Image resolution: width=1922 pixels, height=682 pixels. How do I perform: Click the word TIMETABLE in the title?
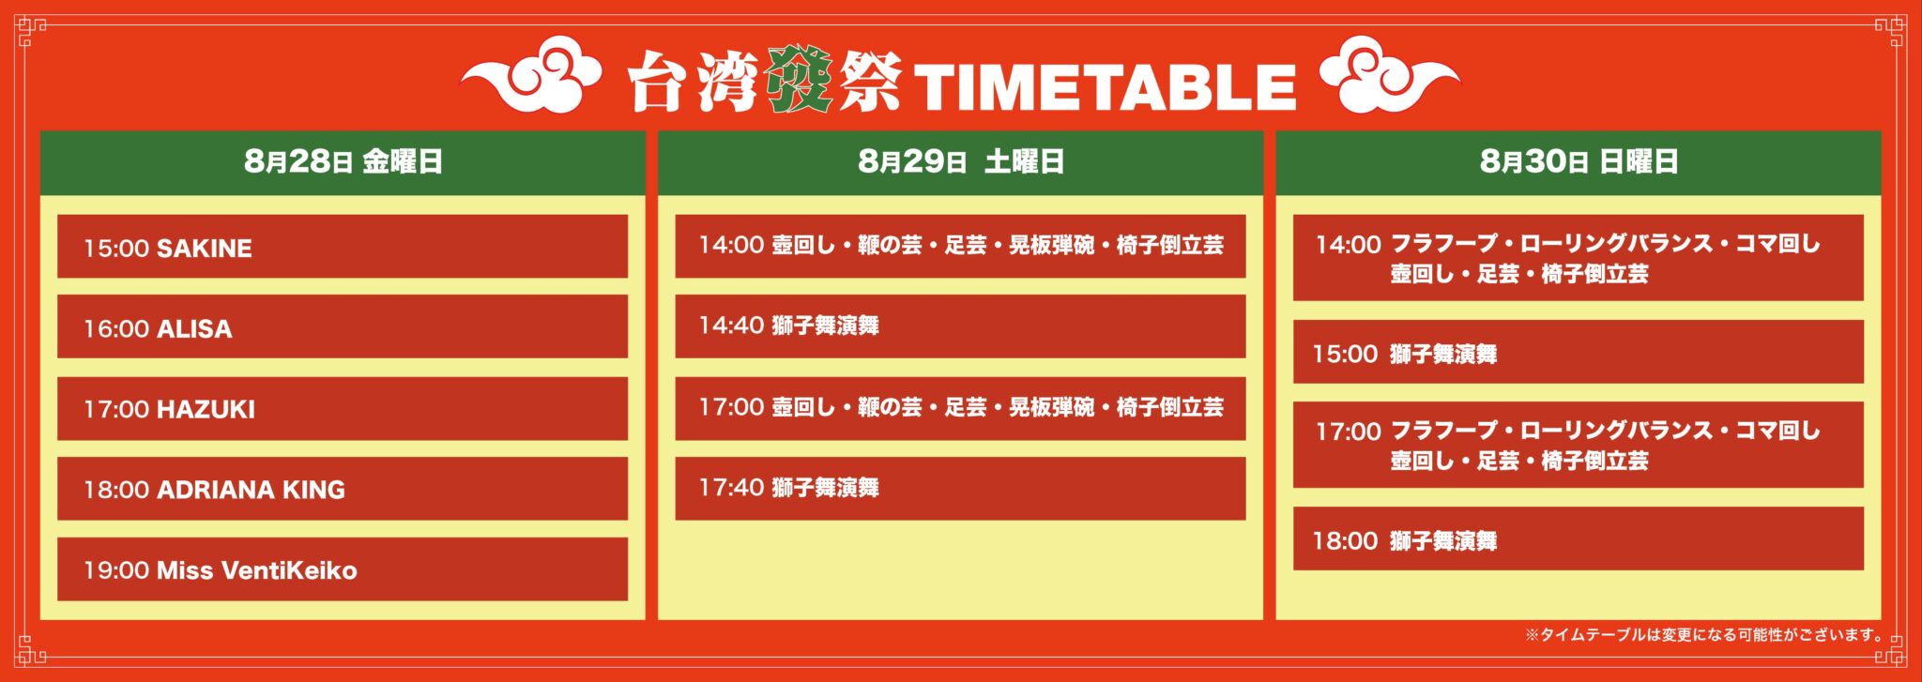point(1105,88)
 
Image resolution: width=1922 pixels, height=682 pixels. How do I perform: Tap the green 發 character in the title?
point(799,81)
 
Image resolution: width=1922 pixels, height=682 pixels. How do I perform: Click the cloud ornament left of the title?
point(530,75)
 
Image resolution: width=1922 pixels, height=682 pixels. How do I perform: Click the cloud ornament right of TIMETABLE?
point(1390,75)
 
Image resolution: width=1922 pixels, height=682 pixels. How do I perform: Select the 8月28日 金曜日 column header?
point(343,161)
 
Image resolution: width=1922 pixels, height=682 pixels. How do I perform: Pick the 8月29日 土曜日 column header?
point(961,161)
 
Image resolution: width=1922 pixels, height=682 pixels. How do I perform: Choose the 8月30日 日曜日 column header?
point(1579,161)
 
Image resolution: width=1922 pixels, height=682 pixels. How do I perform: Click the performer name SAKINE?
point(205,249)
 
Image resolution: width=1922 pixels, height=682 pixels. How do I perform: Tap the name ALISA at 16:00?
point(194,329)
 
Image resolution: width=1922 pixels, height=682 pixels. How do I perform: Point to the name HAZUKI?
point(206,410)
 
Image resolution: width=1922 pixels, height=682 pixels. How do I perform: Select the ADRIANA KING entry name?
point(251,490)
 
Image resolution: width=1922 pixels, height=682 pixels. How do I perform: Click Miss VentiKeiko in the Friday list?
point(257,570)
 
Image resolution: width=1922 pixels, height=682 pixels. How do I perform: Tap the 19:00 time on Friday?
point(116,570)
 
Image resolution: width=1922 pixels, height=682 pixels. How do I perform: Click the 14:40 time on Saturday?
point(731,326)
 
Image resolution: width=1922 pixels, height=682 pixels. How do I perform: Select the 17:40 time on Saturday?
point(731,488)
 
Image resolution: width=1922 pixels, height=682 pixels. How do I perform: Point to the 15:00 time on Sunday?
point(1345,355)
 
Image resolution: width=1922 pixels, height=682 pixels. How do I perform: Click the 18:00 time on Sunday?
point(1345,541)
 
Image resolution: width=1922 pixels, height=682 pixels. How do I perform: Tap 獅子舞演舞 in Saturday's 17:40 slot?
point(826,488)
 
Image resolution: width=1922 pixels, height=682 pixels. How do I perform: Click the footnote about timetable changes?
point(1704,635)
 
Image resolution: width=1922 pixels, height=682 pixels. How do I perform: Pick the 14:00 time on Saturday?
point(731,245)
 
